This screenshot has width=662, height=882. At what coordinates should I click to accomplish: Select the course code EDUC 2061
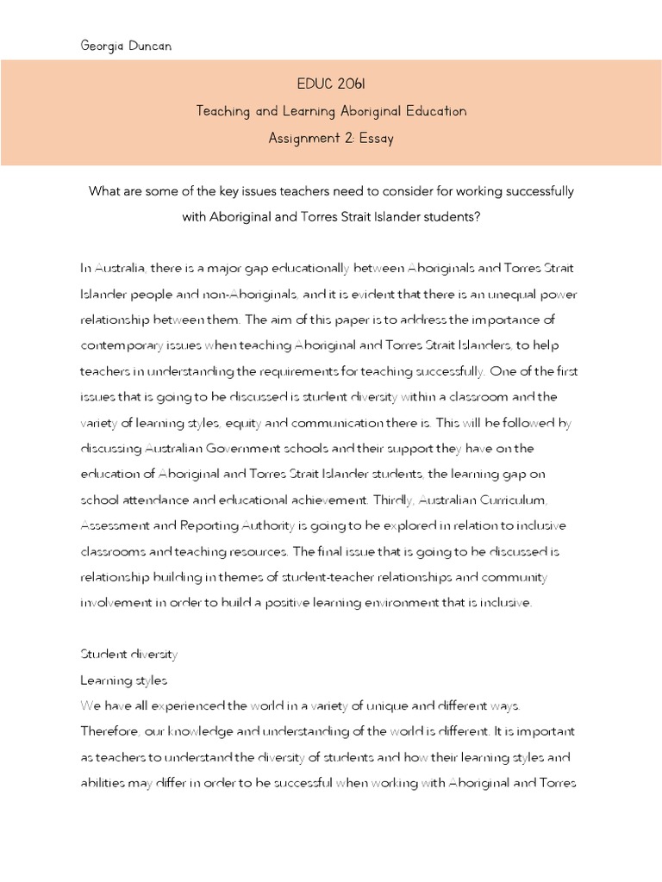coord(331,84)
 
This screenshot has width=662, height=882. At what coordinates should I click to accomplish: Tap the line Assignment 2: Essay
coord(331,138)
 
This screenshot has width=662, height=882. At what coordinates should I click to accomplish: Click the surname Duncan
coord(149,46)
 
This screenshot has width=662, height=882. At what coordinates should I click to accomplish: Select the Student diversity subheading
coord(129,655)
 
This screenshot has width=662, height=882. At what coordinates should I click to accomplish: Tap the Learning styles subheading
coord(124,680)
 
